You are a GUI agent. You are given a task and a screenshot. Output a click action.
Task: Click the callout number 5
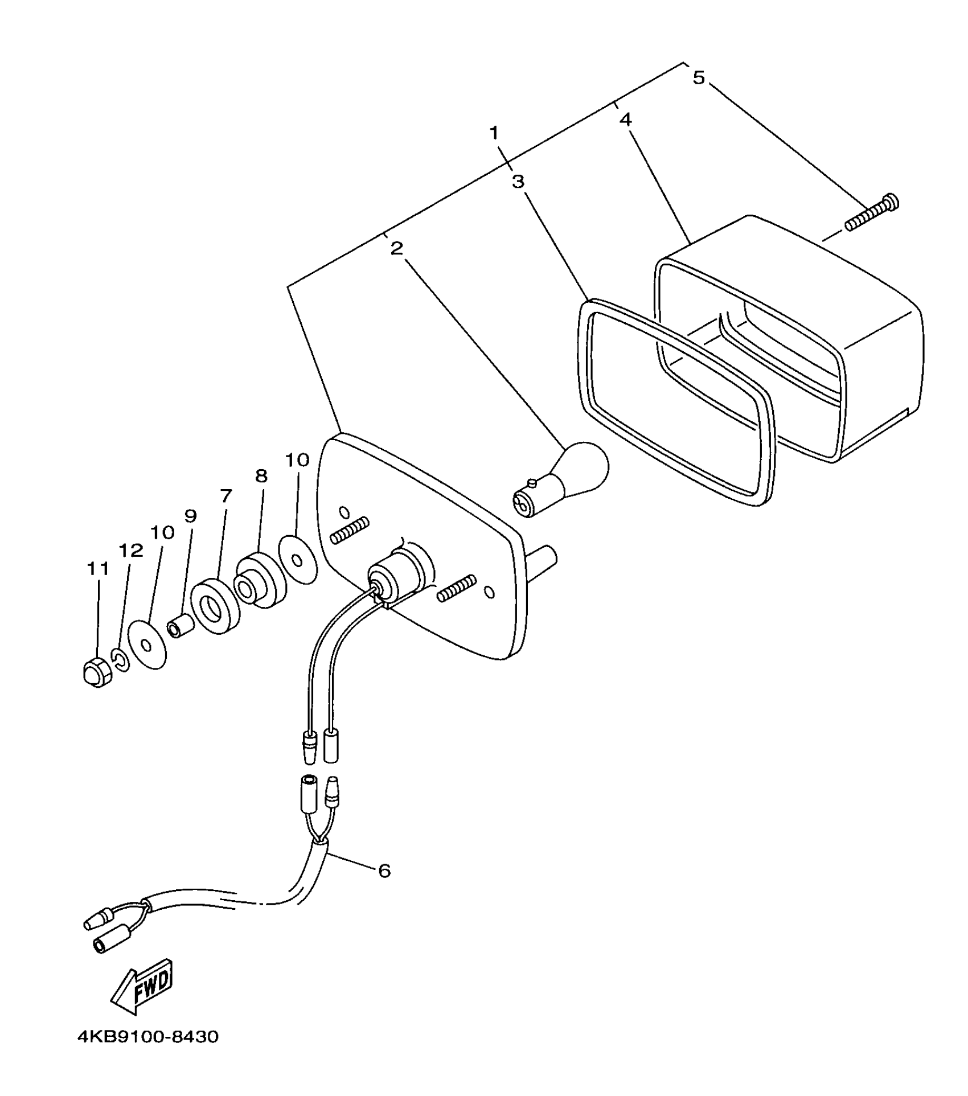[699, 77]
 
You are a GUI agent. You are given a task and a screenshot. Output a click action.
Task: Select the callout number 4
[625, 120]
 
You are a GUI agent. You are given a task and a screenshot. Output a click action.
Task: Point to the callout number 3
[518, 182]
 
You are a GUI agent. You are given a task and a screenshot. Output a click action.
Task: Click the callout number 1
[494, 133]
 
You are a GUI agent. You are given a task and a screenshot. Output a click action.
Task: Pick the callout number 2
[397, 248]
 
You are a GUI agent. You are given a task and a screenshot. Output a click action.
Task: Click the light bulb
[561, 478]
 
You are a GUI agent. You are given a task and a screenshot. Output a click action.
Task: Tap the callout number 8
[261, 476]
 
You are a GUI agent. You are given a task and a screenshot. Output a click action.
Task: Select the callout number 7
[226, 496]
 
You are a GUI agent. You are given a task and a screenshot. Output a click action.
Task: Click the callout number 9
[190, 516]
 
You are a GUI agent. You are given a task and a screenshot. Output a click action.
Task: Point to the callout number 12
[130, 550]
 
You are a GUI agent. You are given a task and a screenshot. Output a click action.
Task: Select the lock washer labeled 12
[120, 660]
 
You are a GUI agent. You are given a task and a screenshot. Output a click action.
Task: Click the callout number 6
[384, 871]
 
